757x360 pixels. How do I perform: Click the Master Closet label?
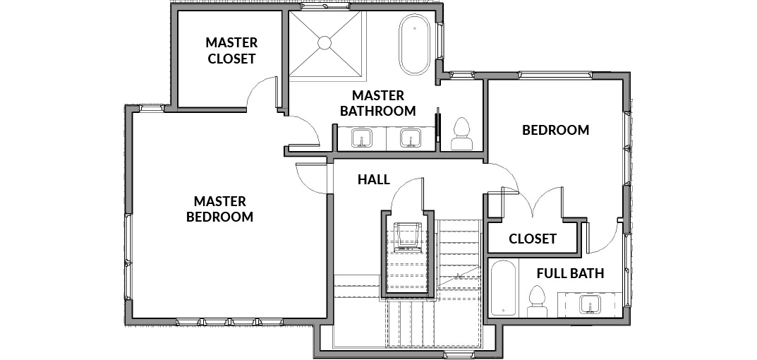click(231, 50)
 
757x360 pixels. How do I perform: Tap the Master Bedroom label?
click(219, 209)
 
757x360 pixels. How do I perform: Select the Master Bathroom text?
click(377, 103)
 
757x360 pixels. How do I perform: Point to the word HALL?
click(374, 180)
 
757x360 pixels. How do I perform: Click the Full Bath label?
click(570, 273)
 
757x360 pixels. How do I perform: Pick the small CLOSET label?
click(533, 239)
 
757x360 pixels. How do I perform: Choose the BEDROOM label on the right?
click(556, 130)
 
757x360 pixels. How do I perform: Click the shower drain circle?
click(325, 43)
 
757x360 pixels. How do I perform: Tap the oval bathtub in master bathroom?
click(414, 44)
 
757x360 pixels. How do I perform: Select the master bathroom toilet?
click(462, 133)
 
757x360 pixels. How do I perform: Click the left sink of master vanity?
click(362, 138)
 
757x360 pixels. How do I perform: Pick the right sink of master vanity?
click(411, 138)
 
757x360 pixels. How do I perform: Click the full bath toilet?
click(537, 301)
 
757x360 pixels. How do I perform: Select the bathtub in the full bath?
click(504, 288)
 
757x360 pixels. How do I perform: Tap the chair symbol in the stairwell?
click(408, 236)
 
